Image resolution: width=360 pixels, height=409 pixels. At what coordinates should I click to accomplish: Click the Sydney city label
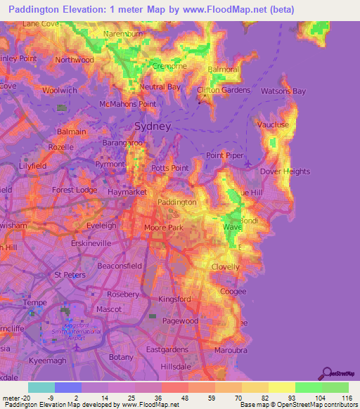[x=152, y=126]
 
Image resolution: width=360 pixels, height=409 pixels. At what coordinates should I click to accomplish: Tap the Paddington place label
[x=176, y=202]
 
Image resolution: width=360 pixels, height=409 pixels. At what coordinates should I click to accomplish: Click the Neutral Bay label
[x=160, y=87]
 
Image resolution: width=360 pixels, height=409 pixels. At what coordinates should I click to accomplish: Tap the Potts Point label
[x=170, y=169]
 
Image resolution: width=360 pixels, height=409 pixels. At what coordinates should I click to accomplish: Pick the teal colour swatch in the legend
[x=41, y=387]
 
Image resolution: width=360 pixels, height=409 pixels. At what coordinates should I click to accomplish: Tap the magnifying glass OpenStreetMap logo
[x=326, y=372]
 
